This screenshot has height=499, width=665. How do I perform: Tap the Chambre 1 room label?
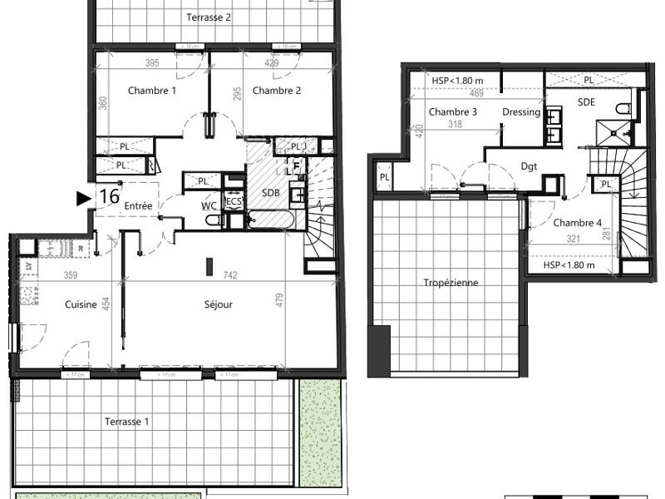(x=151, y=91)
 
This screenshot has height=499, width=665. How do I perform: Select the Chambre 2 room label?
(x=277, y=91)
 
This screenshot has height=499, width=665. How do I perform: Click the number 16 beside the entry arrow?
(x=108, y=197)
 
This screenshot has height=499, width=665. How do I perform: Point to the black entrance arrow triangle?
(x=83, y=198)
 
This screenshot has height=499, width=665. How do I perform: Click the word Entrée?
(x=137, y=205)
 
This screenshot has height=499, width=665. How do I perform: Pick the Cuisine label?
(x=81, y=304)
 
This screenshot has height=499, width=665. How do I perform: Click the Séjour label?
(x=218, y=304)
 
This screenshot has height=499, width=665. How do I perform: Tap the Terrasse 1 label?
(x=127, y=422)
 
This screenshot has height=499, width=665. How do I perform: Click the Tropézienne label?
(x=451, y=283)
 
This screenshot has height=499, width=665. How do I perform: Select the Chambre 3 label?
(x=453, y=112)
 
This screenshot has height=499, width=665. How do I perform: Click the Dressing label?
(x=521, y=112)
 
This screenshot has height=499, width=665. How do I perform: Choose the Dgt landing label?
(x=529, y=166)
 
